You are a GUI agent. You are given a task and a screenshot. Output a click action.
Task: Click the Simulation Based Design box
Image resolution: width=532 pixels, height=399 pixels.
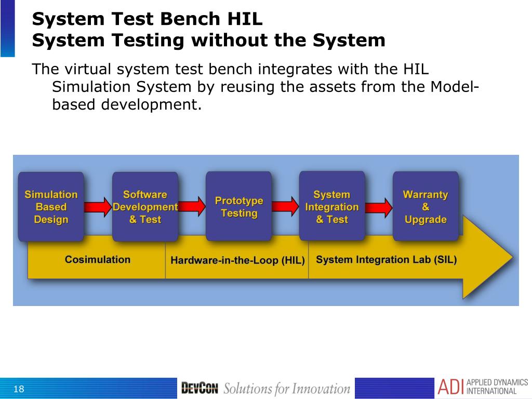[51, 207]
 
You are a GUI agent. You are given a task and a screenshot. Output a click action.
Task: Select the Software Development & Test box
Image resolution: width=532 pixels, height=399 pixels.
[145, 207]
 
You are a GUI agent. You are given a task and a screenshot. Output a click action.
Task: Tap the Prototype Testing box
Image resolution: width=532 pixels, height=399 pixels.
[238, 207]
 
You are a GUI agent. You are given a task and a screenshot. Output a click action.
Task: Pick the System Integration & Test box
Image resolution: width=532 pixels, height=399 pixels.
[332, 207]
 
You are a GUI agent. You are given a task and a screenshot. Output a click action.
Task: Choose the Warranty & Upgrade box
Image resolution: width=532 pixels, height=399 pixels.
[425, 207]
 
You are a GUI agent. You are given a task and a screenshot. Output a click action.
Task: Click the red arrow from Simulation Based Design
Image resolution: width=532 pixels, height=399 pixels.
[98, 207]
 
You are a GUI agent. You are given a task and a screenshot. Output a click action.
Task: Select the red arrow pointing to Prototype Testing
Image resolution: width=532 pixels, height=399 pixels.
[192, 207]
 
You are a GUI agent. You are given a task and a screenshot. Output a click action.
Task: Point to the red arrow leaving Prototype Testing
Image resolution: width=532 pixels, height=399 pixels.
[285, 207]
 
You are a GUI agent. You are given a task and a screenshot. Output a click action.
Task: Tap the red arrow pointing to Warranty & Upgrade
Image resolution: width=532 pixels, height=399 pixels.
[379, 207]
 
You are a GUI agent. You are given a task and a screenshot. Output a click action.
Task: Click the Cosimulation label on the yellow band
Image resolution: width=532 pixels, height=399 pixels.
[98, 259]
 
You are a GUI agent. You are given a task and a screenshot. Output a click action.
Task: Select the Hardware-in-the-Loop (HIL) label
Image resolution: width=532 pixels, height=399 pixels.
[237, 260]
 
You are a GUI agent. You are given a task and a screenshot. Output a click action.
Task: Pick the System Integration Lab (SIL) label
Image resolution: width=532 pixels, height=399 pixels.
[386, 259]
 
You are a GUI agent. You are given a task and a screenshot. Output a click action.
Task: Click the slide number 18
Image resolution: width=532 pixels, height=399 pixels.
[19, 389]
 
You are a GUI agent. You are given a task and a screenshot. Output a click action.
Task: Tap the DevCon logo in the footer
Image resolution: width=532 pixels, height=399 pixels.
[199, 388]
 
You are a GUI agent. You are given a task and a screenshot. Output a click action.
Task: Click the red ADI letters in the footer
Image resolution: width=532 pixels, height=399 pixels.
[450, 388]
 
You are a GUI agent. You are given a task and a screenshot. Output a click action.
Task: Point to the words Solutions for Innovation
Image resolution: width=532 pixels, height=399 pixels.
[287, 388]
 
